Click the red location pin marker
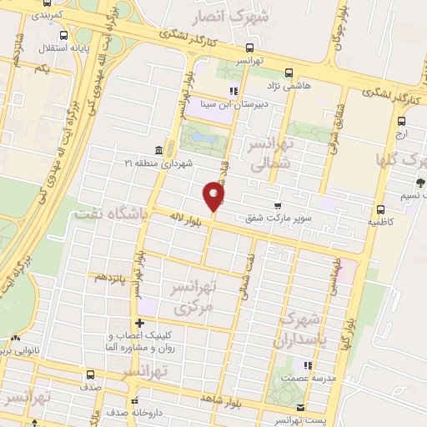pyautogui.click(x=214, y=195)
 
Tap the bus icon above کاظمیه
pyautogui.click(x=380, y=209)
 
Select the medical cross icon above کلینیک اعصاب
pyautogui.click(x=139, y=324)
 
